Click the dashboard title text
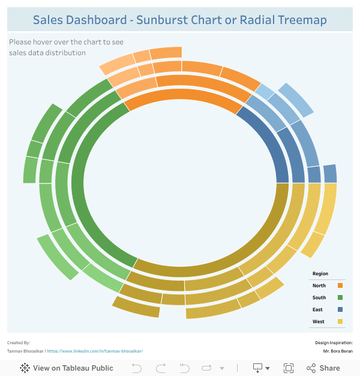tap(179, 20)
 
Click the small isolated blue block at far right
tap(330, 173)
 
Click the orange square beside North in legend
tap(340, 285)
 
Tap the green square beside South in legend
tap(340, 297)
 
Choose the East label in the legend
tap(317, 309)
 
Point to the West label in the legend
tap(318, 321)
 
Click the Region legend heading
tap(320, 273)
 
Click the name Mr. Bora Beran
tap(338, 351)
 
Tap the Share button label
tap(329, 368)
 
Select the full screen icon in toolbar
tap(288, 368)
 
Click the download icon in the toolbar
tap(257, 368)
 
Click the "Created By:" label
tap(19, 342)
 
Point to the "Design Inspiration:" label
tap(334, 342)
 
